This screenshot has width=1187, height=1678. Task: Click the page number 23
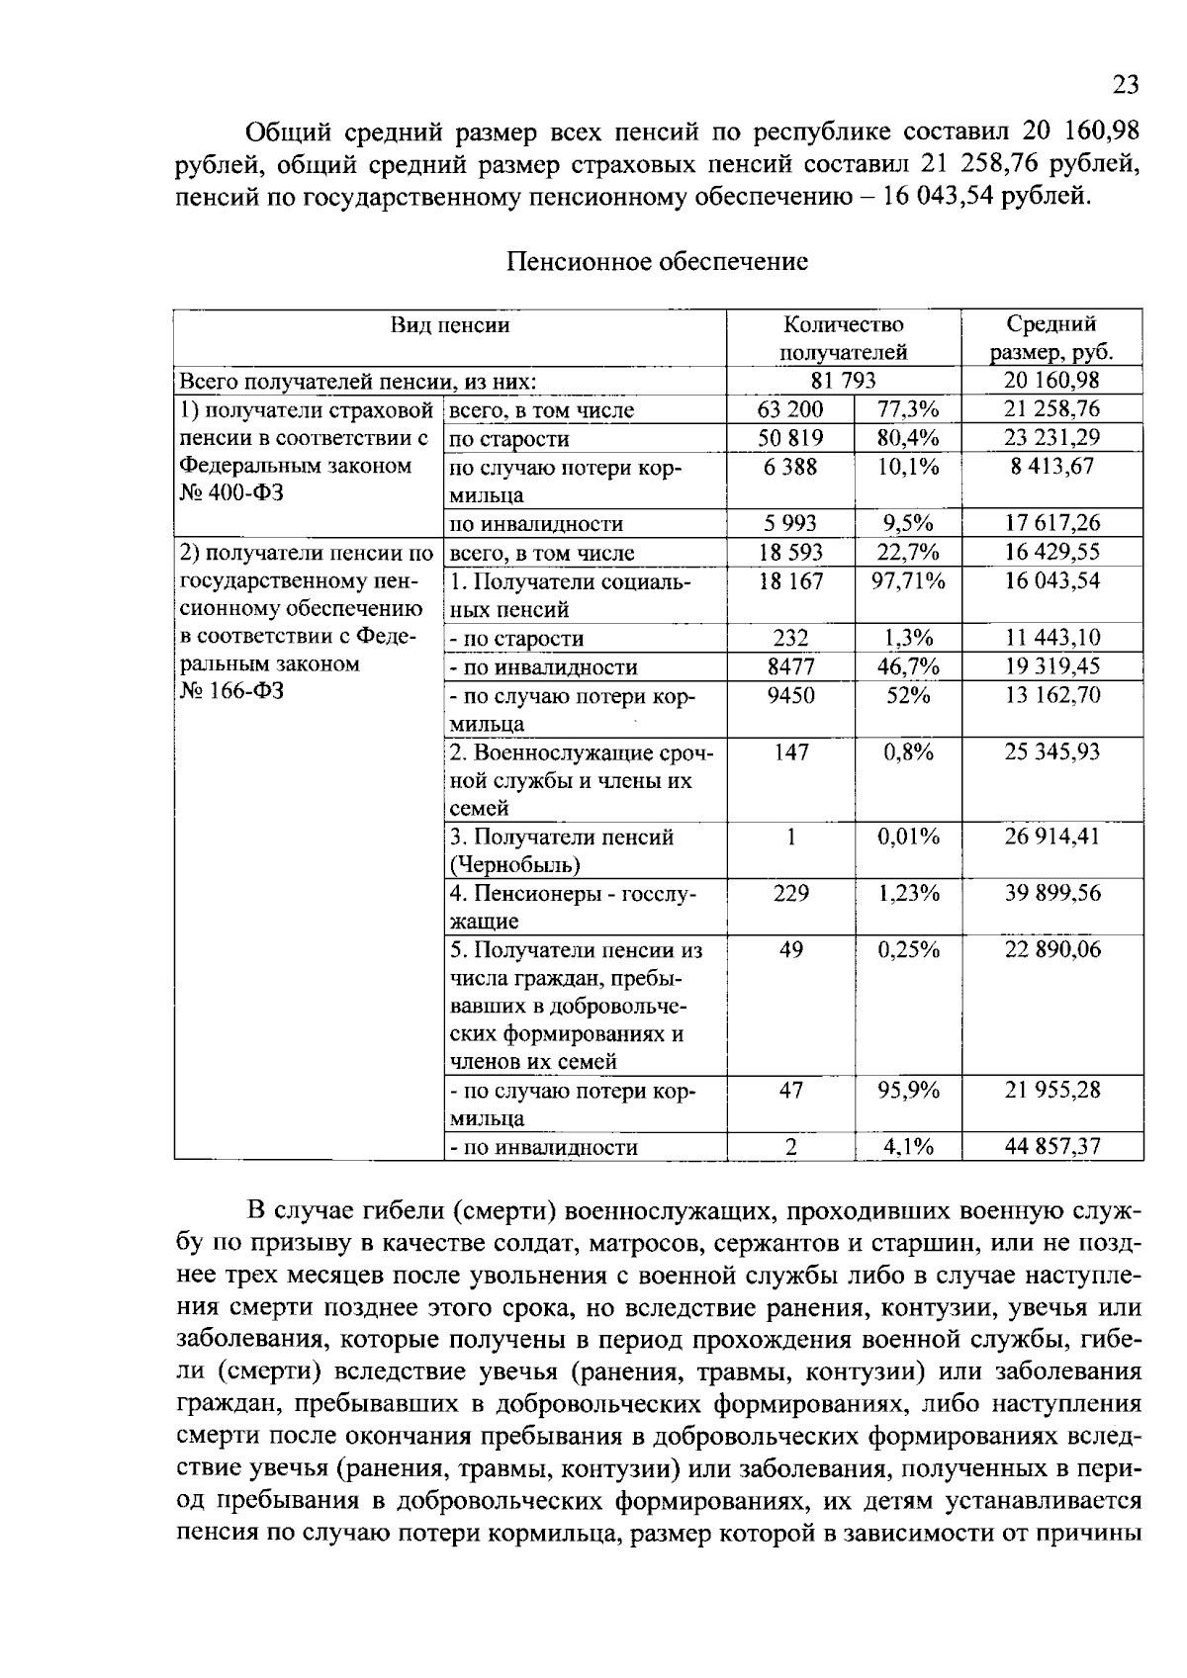click(x=1126, y=85)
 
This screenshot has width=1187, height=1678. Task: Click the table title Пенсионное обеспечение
click(x=658, y=262)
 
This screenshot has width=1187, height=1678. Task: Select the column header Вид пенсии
click(x=450, y=325)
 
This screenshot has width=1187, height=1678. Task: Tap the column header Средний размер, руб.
click(x=1051, y=338)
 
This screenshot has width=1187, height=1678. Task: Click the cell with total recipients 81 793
click(x=843, y=381)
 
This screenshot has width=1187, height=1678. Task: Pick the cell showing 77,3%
click(x=907, y=409)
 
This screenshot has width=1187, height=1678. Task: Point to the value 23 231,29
click(x=1051, y=438)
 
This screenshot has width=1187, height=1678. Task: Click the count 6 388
click(x=790, y=467)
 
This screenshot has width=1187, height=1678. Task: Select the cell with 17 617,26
click(x=1051, y=523)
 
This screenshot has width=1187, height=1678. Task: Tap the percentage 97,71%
click(x=907, y=580)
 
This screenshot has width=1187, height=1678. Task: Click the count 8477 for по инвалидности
click(x=790, y=666)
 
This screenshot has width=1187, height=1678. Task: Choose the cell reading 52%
click(x=907, y=695)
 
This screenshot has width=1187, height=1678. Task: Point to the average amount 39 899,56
click(x=1051, y=893)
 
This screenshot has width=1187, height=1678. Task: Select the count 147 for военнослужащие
click(x=790, y=752)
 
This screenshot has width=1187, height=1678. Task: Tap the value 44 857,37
click(x=1051, y=1147)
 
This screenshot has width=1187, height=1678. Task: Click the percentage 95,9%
click(x=907, y=1090)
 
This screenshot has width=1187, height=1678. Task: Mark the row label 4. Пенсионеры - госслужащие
click(x=574, y=907)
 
